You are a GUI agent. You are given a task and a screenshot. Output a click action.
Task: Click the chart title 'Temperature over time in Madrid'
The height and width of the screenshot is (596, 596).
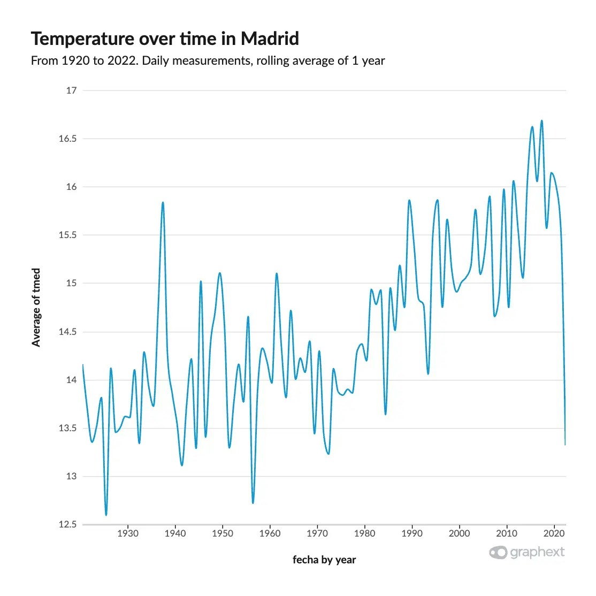(165, 39)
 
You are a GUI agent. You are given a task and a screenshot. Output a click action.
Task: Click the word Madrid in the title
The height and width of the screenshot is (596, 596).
(270, 39)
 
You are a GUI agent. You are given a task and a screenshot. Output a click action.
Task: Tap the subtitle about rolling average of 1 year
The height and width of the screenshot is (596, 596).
(208, 60)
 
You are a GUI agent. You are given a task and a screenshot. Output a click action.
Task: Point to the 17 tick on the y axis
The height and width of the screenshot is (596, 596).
(71, 90)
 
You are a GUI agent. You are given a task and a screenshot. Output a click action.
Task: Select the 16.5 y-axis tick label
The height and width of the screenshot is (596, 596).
(67, 139)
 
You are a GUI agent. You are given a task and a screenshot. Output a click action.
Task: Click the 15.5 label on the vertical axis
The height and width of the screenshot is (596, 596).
(67, 235)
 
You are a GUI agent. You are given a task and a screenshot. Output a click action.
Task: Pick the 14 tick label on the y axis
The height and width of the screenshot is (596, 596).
(71, 380)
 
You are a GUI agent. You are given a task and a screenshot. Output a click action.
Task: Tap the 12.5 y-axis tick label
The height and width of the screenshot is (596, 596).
(67, 524)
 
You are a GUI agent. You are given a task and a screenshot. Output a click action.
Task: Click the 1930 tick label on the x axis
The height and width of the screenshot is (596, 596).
(128, 533)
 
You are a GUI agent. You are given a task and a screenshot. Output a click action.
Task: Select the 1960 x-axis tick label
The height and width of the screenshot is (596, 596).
(270, 533)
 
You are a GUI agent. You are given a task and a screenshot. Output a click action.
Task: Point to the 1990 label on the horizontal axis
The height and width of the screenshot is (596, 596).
(412, 533)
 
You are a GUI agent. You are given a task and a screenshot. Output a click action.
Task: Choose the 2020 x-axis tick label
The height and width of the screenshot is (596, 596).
(554, 533)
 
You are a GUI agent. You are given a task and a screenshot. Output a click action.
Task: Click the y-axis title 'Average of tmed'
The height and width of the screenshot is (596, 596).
(36, 308)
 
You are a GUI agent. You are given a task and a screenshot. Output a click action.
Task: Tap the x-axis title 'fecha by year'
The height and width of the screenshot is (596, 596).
(324, 560)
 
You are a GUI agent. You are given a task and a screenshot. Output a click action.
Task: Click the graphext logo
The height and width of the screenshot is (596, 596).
(527, 552)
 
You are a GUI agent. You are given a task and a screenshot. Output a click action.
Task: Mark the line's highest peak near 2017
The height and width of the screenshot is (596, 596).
(542, 121)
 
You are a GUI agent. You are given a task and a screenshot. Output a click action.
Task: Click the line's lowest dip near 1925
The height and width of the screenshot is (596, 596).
(106, 515)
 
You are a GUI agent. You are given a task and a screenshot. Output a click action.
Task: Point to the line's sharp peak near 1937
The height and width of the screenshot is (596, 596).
(163, 203)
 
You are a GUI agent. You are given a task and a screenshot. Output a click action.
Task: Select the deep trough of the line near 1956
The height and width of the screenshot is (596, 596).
(253, 502)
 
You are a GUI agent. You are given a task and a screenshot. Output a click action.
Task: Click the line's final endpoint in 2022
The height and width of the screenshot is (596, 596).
(565, 444)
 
